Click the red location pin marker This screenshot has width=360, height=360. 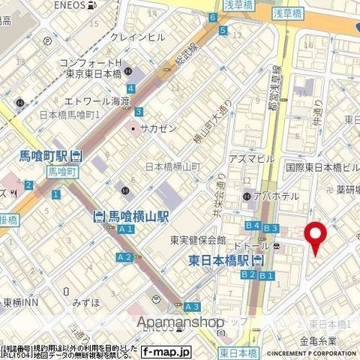pos(316,237)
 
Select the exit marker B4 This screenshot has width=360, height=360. pos(252,226)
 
